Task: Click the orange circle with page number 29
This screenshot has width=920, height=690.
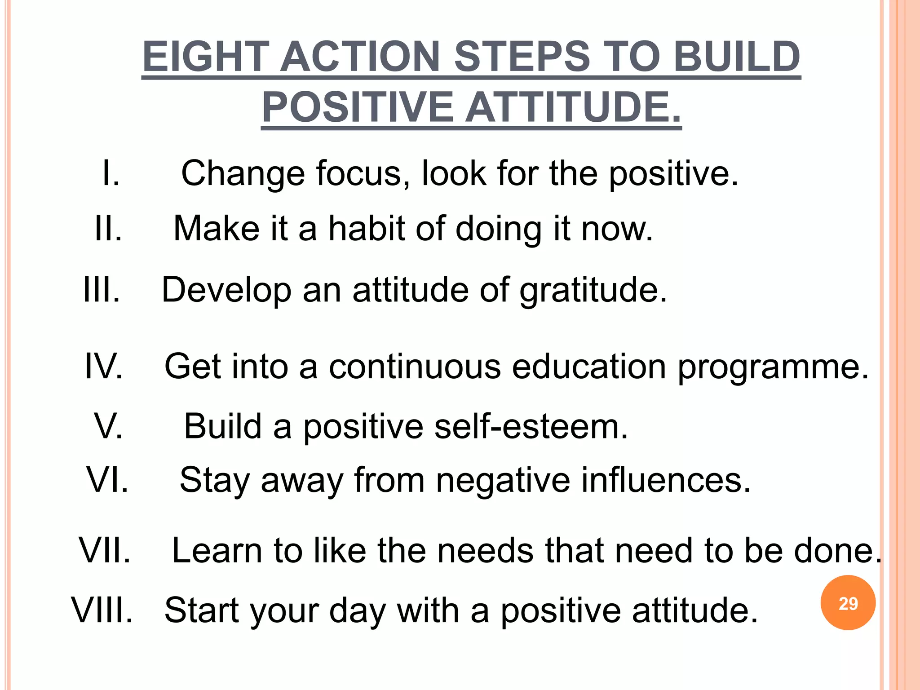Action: click(848, 603)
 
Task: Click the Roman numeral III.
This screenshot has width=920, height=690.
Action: click(102, 290)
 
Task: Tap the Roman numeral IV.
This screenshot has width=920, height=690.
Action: click(104, 367)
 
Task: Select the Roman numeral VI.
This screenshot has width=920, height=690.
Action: click(107, 480)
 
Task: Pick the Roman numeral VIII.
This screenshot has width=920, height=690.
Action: click(102, 610)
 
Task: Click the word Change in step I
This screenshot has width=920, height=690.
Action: click(243, 173)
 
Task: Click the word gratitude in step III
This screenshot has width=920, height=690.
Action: click(593, 291)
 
